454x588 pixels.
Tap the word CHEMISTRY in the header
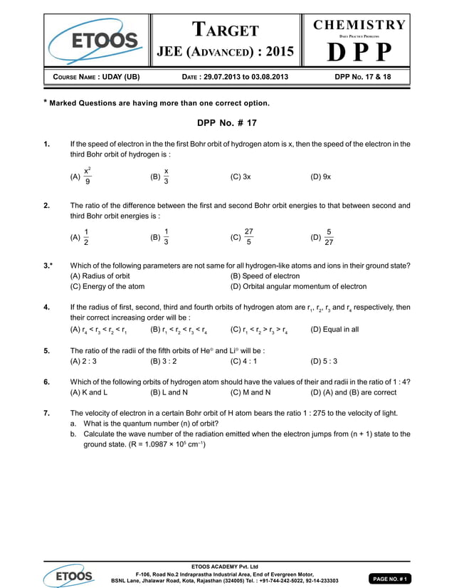(x=360, y=25)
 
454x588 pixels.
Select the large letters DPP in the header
(x=360, y=53)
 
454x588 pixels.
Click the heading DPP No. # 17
(x=226, y=123)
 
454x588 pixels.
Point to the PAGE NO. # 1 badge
(x=388, y=579)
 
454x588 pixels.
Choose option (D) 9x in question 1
(x=321, y=176)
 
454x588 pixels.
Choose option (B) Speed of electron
(x=265, y=275)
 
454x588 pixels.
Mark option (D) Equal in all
(x=334, y=330)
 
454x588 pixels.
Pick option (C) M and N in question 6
(x=250, y=392)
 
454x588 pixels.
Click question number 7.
(x=46, y=413)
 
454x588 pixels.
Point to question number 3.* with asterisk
(x=48, y=266)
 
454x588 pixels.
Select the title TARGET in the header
(x=226, y=30)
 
